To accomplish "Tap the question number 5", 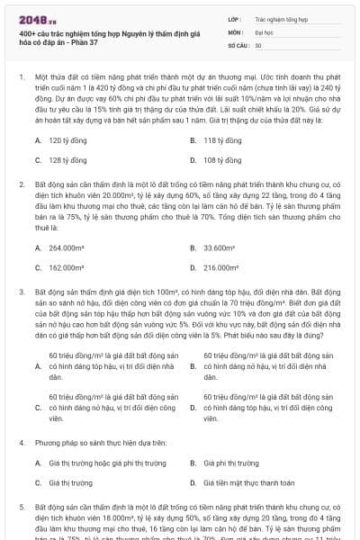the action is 22,508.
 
